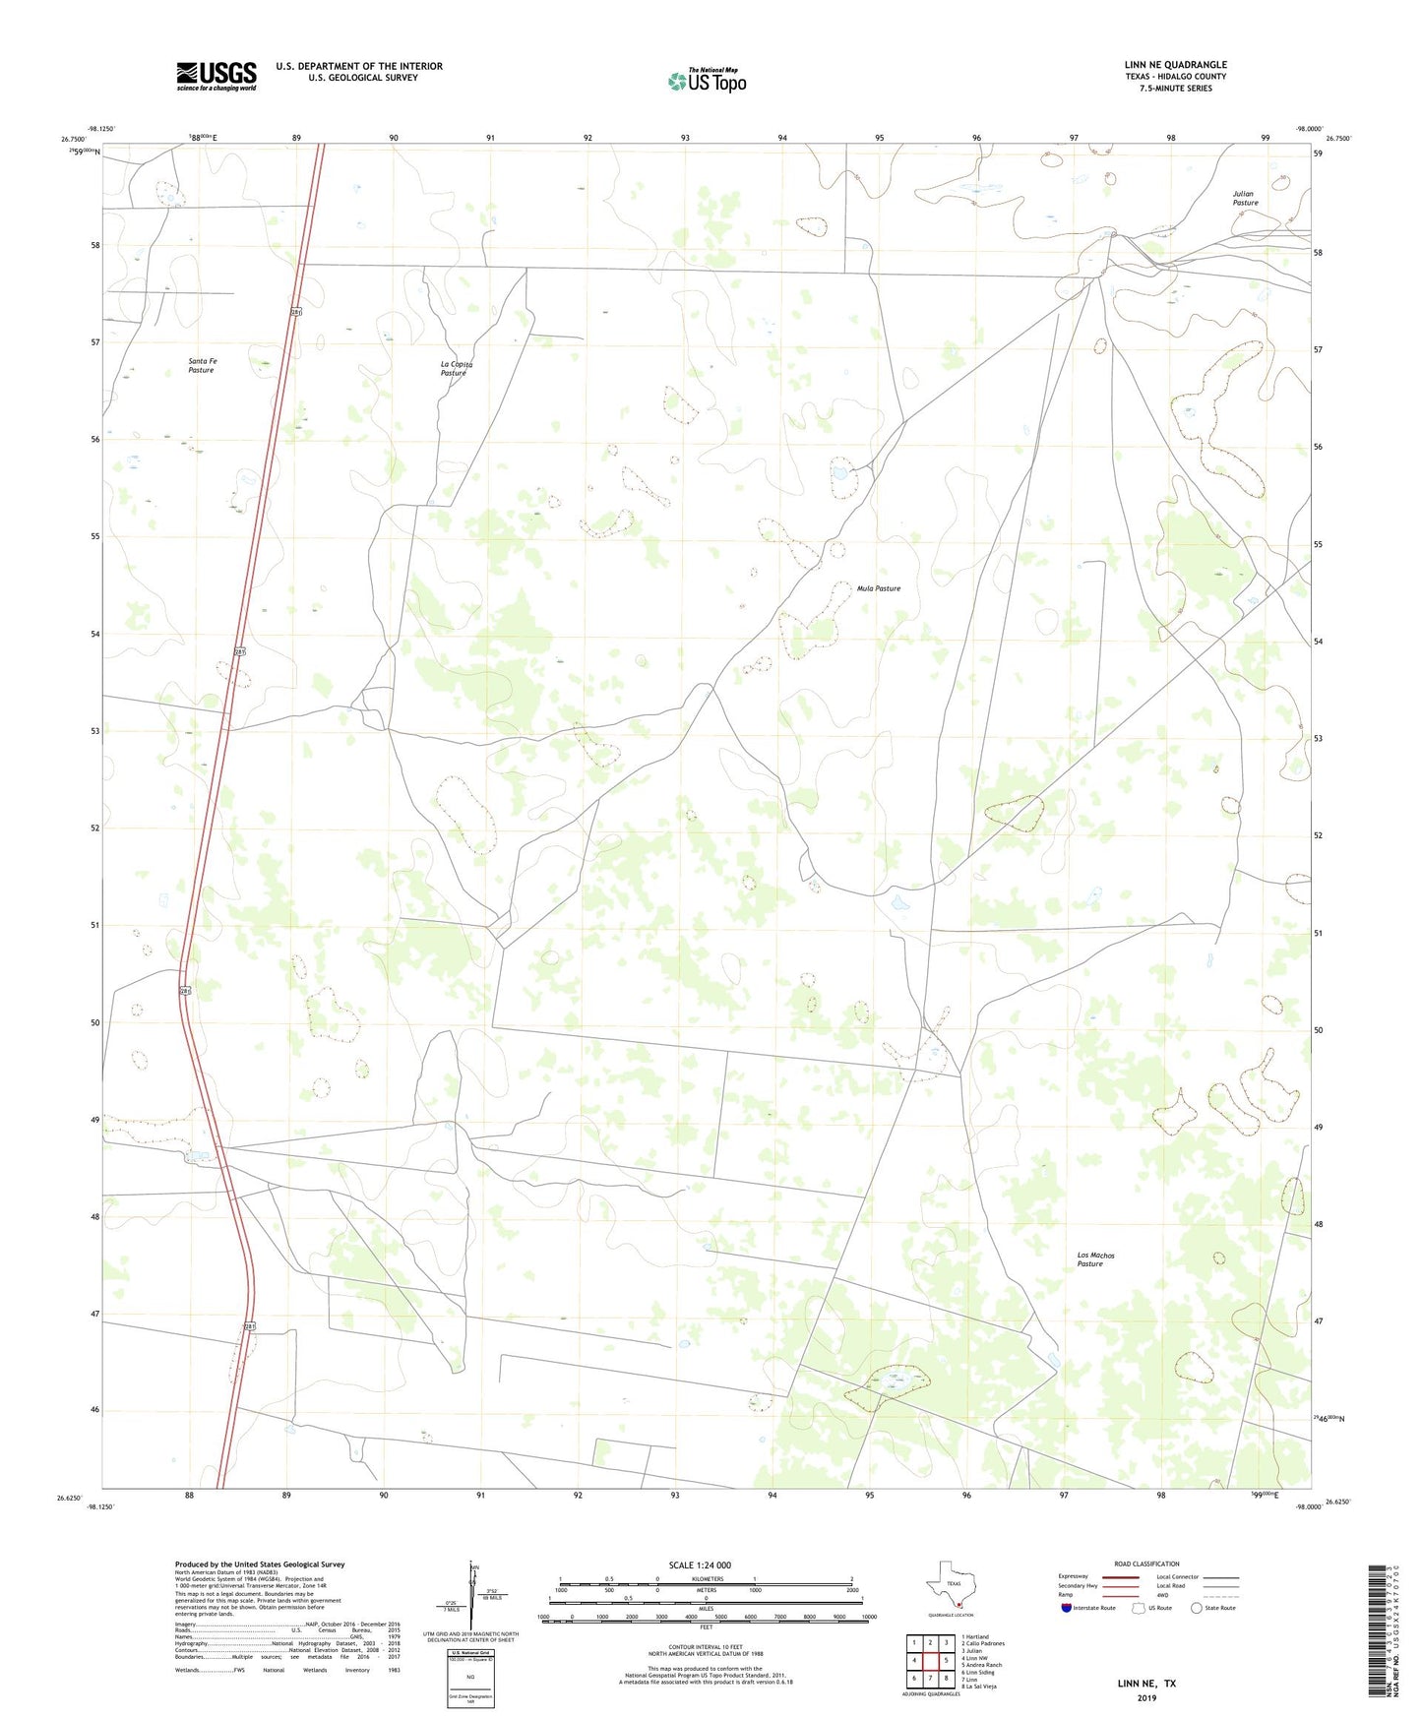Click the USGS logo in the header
click(x=216, y=76)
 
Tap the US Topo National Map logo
click(x=707, y=80)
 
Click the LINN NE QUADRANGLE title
click(x=1175, y=65)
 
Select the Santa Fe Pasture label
click(x=202, y=365)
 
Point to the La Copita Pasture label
click(x=456, y=368)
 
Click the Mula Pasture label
click(x=878, y=588)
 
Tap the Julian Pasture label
click(x=1245, y=198)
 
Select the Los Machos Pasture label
click(x=1095, y=1258)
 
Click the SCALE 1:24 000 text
click(x=700, y=1565)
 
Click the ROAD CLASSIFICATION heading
click(x=1146, y=1564)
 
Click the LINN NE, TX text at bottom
click(x=1146, y=1684)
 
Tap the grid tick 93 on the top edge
click(x=684, y=138)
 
